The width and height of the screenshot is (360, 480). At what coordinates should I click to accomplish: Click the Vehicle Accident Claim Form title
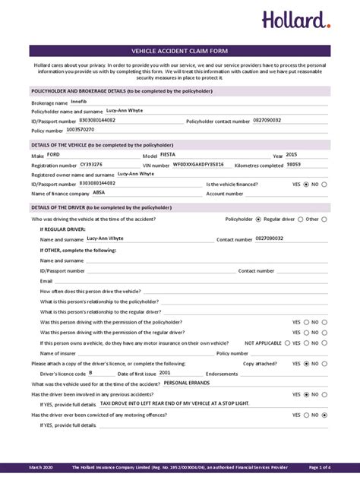180,51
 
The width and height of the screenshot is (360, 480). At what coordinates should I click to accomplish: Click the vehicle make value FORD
52,154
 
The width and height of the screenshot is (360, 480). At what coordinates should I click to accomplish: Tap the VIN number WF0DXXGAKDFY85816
198,164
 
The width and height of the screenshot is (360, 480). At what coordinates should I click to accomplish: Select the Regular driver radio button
258,219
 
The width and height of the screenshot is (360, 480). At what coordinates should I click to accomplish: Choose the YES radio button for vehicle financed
306,184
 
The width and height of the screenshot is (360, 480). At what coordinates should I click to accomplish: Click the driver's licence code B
90,373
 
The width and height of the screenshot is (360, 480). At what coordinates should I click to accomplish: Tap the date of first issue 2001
165,373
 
